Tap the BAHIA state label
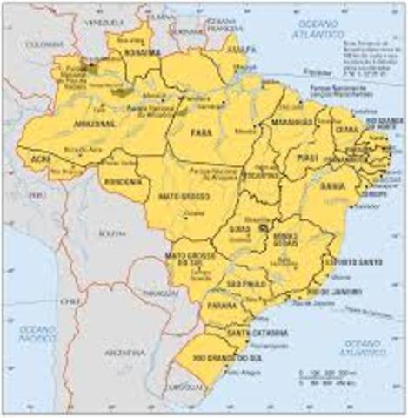coord(330,185)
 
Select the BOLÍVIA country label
coord(111,233)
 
